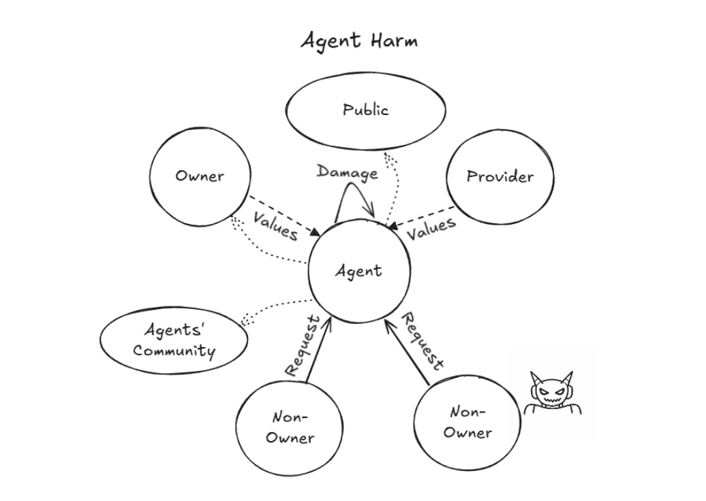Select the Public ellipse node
point(365,110)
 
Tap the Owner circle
point(200,176)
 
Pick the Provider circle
point(500,176)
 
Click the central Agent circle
point(358,271)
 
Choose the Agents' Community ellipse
point(174,341)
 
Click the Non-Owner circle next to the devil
point(467,422)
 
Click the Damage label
point(347,172)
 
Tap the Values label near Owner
point(275,225)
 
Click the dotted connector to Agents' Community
point(276,310)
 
